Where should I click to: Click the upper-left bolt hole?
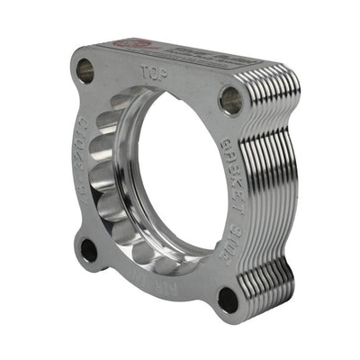(x=85, y=67)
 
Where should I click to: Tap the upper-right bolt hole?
(x=230, y=100)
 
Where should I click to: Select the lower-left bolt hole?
(x=89, y=249)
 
